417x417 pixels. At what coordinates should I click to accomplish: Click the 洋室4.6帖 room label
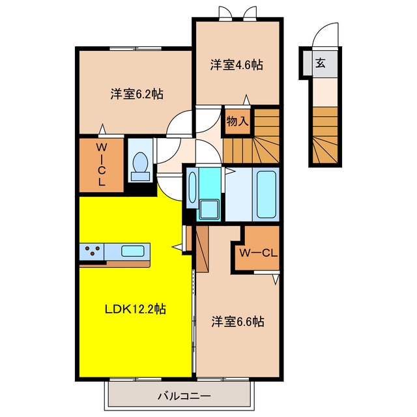coord(237,65)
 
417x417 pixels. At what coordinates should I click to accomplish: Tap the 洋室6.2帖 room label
coord(137,94)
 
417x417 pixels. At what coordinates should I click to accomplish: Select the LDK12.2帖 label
coord(136,309)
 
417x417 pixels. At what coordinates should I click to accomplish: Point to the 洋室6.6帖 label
coord(238,321)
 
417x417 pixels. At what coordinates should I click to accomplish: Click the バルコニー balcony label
coord(184,396)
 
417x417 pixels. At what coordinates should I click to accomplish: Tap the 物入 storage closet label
coord(237,122)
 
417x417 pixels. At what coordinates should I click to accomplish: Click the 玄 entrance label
coord(321,63)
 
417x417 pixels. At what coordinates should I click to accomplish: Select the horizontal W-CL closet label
coord(258,253)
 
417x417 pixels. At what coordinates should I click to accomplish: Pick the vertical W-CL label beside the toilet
coord(102,164)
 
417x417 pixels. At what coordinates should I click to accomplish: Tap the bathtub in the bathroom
coord(266,194)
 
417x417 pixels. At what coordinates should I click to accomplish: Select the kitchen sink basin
coord(133,251)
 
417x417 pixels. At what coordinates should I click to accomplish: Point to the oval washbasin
coord(192,187)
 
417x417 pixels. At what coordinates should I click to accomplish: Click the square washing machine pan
coord(209,209)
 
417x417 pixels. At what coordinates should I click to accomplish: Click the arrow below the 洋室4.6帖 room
coord(246,100)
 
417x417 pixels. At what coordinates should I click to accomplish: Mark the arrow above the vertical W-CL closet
coord(102,129)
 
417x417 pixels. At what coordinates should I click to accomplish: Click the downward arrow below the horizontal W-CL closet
coord(276,280)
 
